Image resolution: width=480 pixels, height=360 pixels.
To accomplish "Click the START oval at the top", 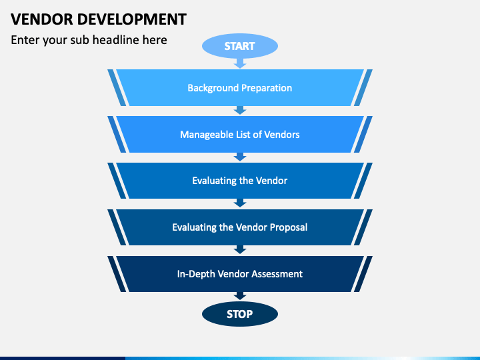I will tap(240, 46).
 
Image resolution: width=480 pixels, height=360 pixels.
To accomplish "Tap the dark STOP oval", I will tap(240, 313).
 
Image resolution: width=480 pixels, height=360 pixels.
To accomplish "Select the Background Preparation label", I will tap(240, 88).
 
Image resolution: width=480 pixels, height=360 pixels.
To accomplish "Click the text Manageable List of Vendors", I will tap(240, 135).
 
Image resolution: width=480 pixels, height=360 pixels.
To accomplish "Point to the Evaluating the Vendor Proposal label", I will tap(240, 227).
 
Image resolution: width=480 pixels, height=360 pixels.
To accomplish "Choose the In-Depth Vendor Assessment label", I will tap(240, 274).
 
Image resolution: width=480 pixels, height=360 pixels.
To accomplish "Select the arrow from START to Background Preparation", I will tap(240, 62).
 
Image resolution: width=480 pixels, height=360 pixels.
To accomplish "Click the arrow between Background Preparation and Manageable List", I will tap(240, 110).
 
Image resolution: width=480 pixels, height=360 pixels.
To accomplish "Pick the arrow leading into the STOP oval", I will tap(240, 295).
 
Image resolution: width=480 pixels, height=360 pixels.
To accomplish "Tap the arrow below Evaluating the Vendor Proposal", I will tap(240, 249).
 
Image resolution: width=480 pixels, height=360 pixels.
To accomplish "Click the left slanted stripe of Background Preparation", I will tap(116, 88).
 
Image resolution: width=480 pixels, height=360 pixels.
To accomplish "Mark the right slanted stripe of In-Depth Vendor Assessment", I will tap(362, 274).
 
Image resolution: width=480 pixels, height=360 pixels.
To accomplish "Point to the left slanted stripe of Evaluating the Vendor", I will tap(116, 181).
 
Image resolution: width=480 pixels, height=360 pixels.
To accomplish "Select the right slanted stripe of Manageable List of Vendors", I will tap(363, 135).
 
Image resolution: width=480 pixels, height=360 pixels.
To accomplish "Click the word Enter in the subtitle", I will tap(25, 40).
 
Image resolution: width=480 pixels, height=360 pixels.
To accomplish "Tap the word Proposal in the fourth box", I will tap(289, 227).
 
